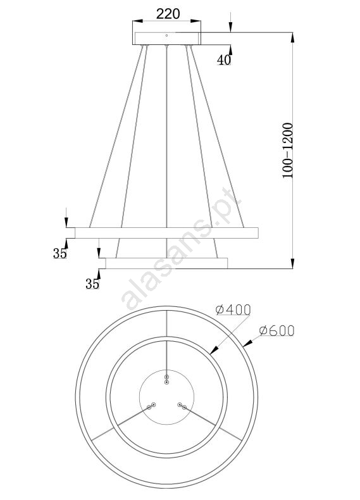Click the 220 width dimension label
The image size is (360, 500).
point(168,14)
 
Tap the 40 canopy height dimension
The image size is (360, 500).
point(223,59)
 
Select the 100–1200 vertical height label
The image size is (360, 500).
point(287,150)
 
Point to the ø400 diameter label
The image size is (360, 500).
point(233,309)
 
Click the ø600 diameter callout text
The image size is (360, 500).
point(276,330)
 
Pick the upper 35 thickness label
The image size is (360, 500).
point(60,253)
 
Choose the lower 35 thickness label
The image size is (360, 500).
point(92,284)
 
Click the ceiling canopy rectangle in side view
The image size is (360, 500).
point(167,38)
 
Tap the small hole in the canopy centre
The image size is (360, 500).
point(166,35)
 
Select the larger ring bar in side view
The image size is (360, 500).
point(166,233)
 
